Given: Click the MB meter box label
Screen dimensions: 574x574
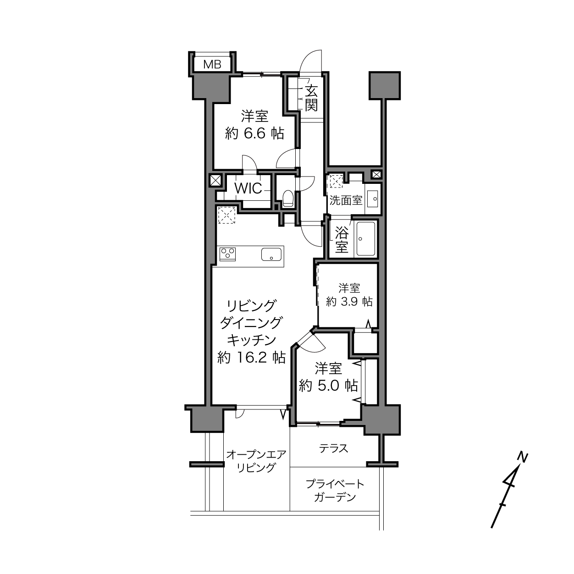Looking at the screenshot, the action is pos(212,64).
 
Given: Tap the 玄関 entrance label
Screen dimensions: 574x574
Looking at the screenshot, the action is pos(311,98).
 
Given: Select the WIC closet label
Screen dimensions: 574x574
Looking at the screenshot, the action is pos(248,188).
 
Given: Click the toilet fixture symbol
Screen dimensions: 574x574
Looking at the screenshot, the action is pos(288,198).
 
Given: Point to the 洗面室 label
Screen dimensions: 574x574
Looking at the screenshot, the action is pos(346,200).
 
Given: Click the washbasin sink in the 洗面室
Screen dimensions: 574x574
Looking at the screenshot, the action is pos(372,199).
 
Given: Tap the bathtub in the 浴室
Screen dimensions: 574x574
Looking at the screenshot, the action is pos(366,238).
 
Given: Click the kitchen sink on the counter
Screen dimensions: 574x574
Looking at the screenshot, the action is pos(271,254).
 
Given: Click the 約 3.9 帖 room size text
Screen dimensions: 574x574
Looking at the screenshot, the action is pos(349,302).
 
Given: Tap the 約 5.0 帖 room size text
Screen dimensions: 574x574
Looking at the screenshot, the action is pos(328,386).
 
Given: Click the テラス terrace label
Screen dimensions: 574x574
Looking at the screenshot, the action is pos(333,448).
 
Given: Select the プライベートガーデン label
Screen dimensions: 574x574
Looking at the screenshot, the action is pos(335,491).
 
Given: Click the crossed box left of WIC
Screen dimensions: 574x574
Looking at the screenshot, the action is pos(215,181).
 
